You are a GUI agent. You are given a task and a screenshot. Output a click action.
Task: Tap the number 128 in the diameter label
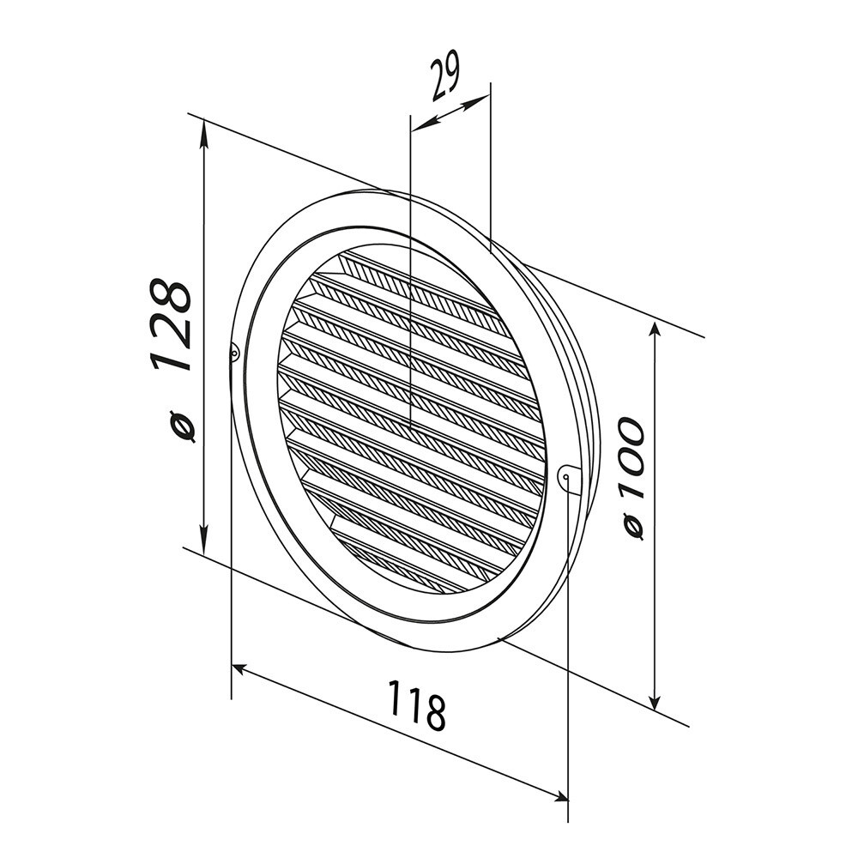coord(171,324)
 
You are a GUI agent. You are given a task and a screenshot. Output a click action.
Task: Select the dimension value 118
coord(418,705)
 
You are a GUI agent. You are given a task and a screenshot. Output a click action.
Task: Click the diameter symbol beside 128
coord(183,426)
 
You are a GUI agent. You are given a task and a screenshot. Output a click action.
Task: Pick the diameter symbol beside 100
coord(634,528)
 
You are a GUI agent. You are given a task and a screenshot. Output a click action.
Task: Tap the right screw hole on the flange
coord(566,477)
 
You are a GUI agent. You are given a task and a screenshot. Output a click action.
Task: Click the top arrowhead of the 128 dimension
coord(204,134)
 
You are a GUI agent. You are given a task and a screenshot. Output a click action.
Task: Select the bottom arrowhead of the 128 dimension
coord(203,541)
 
